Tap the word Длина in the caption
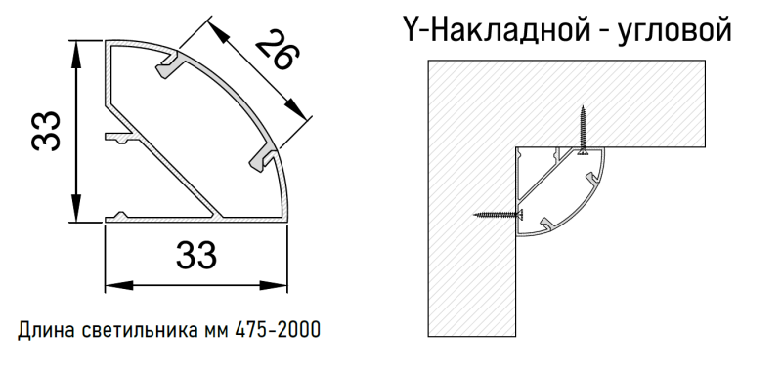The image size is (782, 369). (x=43, y=329)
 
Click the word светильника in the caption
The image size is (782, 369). (x=135, y=329)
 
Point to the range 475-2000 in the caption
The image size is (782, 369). (x=278, y=329)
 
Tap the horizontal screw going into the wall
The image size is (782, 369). (x=499, y=214)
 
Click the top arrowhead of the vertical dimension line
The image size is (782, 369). (x=76, y=49)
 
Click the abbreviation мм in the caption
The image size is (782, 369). (x=217, y=329)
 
